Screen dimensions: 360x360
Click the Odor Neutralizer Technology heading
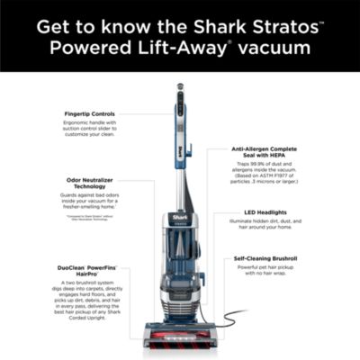tap(90, 184)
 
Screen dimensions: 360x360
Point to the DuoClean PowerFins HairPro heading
tap(90, 268)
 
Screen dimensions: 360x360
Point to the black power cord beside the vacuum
tap(229, 317)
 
